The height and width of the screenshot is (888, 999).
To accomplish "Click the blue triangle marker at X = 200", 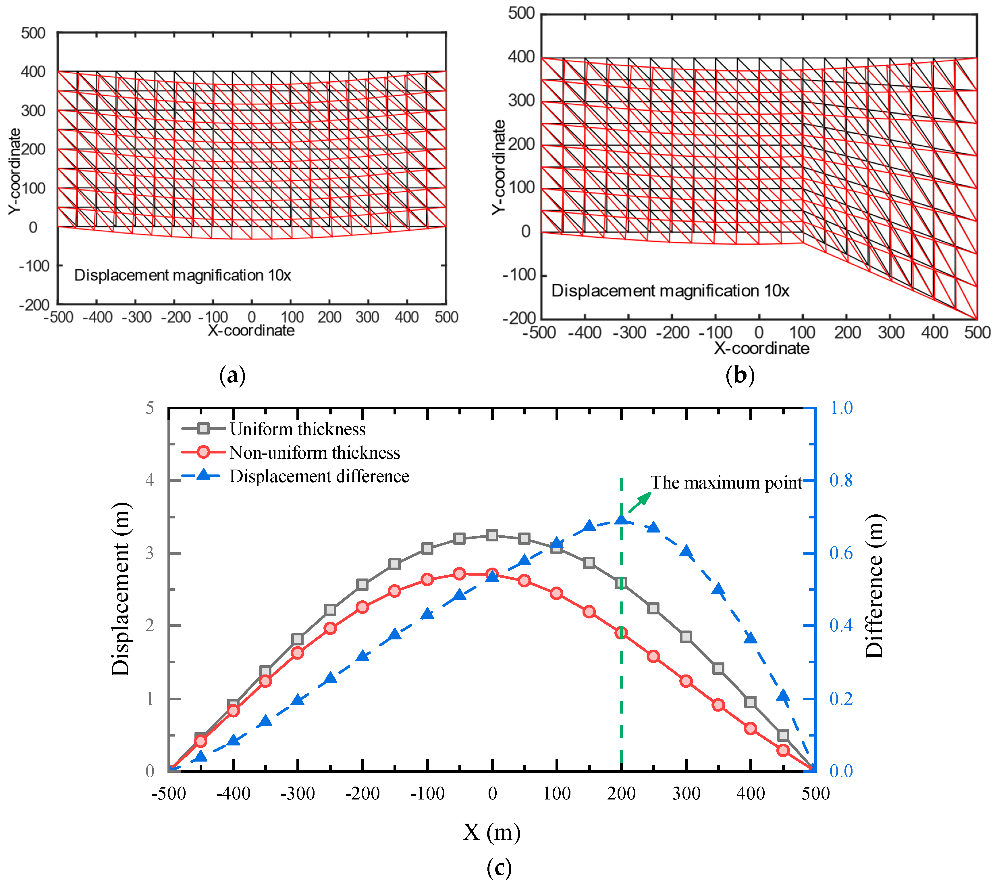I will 621,519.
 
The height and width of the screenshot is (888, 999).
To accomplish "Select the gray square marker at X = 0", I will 492,535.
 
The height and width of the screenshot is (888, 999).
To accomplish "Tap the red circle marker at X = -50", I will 459,574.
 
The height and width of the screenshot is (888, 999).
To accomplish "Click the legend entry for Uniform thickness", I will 297,429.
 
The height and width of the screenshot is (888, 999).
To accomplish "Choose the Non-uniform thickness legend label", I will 315,453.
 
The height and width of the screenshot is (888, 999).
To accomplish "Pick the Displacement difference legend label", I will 319,476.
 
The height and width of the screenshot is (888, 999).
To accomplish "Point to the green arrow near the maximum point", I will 640,502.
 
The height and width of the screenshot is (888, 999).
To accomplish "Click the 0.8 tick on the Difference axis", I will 841,481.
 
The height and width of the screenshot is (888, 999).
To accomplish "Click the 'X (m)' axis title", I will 492,832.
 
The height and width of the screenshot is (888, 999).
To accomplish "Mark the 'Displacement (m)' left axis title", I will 120,589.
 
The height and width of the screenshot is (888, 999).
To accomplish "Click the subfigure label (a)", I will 233,376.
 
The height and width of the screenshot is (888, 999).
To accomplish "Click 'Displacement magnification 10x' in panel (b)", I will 670,291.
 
